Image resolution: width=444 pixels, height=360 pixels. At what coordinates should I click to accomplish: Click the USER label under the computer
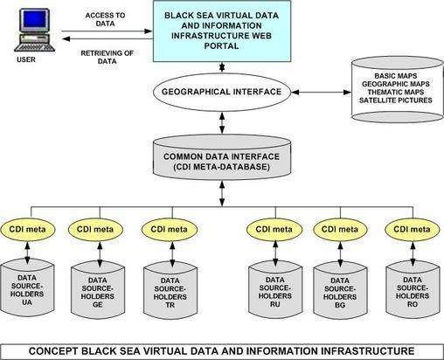click(x=29, y=61)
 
